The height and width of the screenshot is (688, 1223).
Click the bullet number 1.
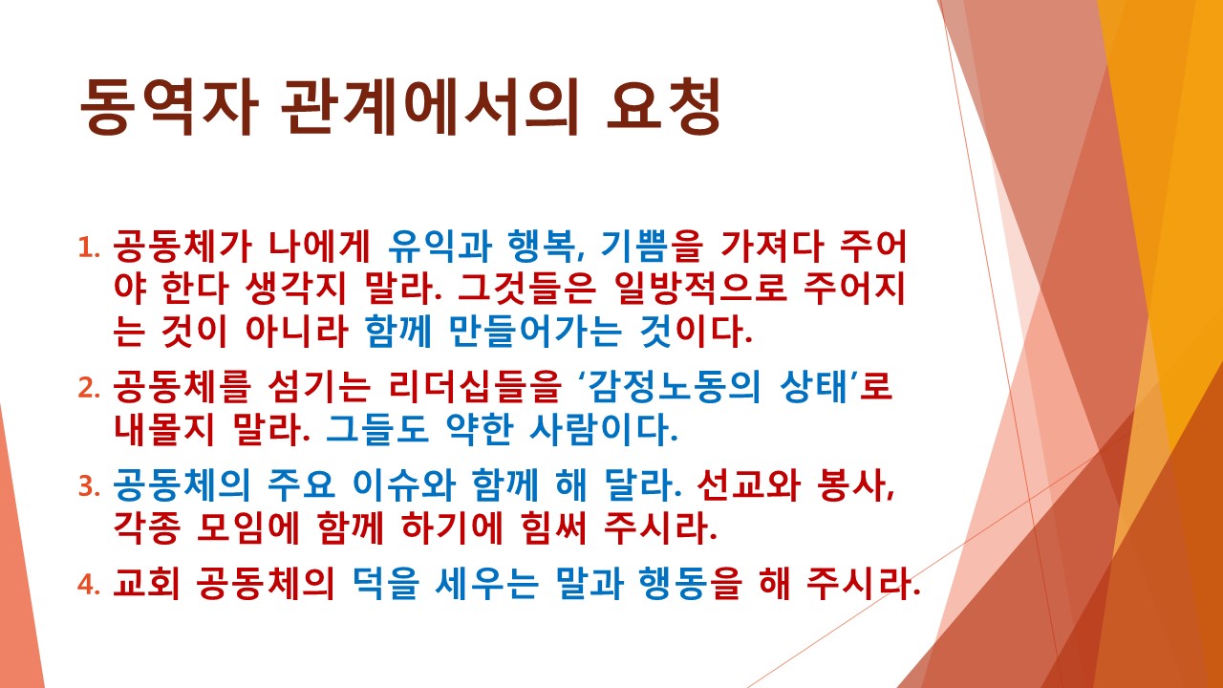tap(89, 250)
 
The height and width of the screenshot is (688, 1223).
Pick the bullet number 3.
tap(89, 486)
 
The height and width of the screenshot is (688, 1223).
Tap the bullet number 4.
tap(89, 584)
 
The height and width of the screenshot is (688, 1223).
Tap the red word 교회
tap(144, 584)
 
